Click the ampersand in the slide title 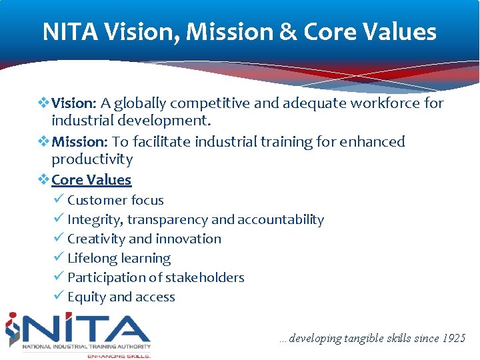(288, 32)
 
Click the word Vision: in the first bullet (75, 103)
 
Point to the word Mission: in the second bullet (79, 142)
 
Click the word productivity (92, 159)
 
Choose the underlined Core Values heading (91, 180)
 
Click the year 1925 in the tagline (454, 339)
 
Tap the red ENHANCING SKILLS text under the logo (119, 355)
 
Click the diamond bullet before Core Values (43, 180)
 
